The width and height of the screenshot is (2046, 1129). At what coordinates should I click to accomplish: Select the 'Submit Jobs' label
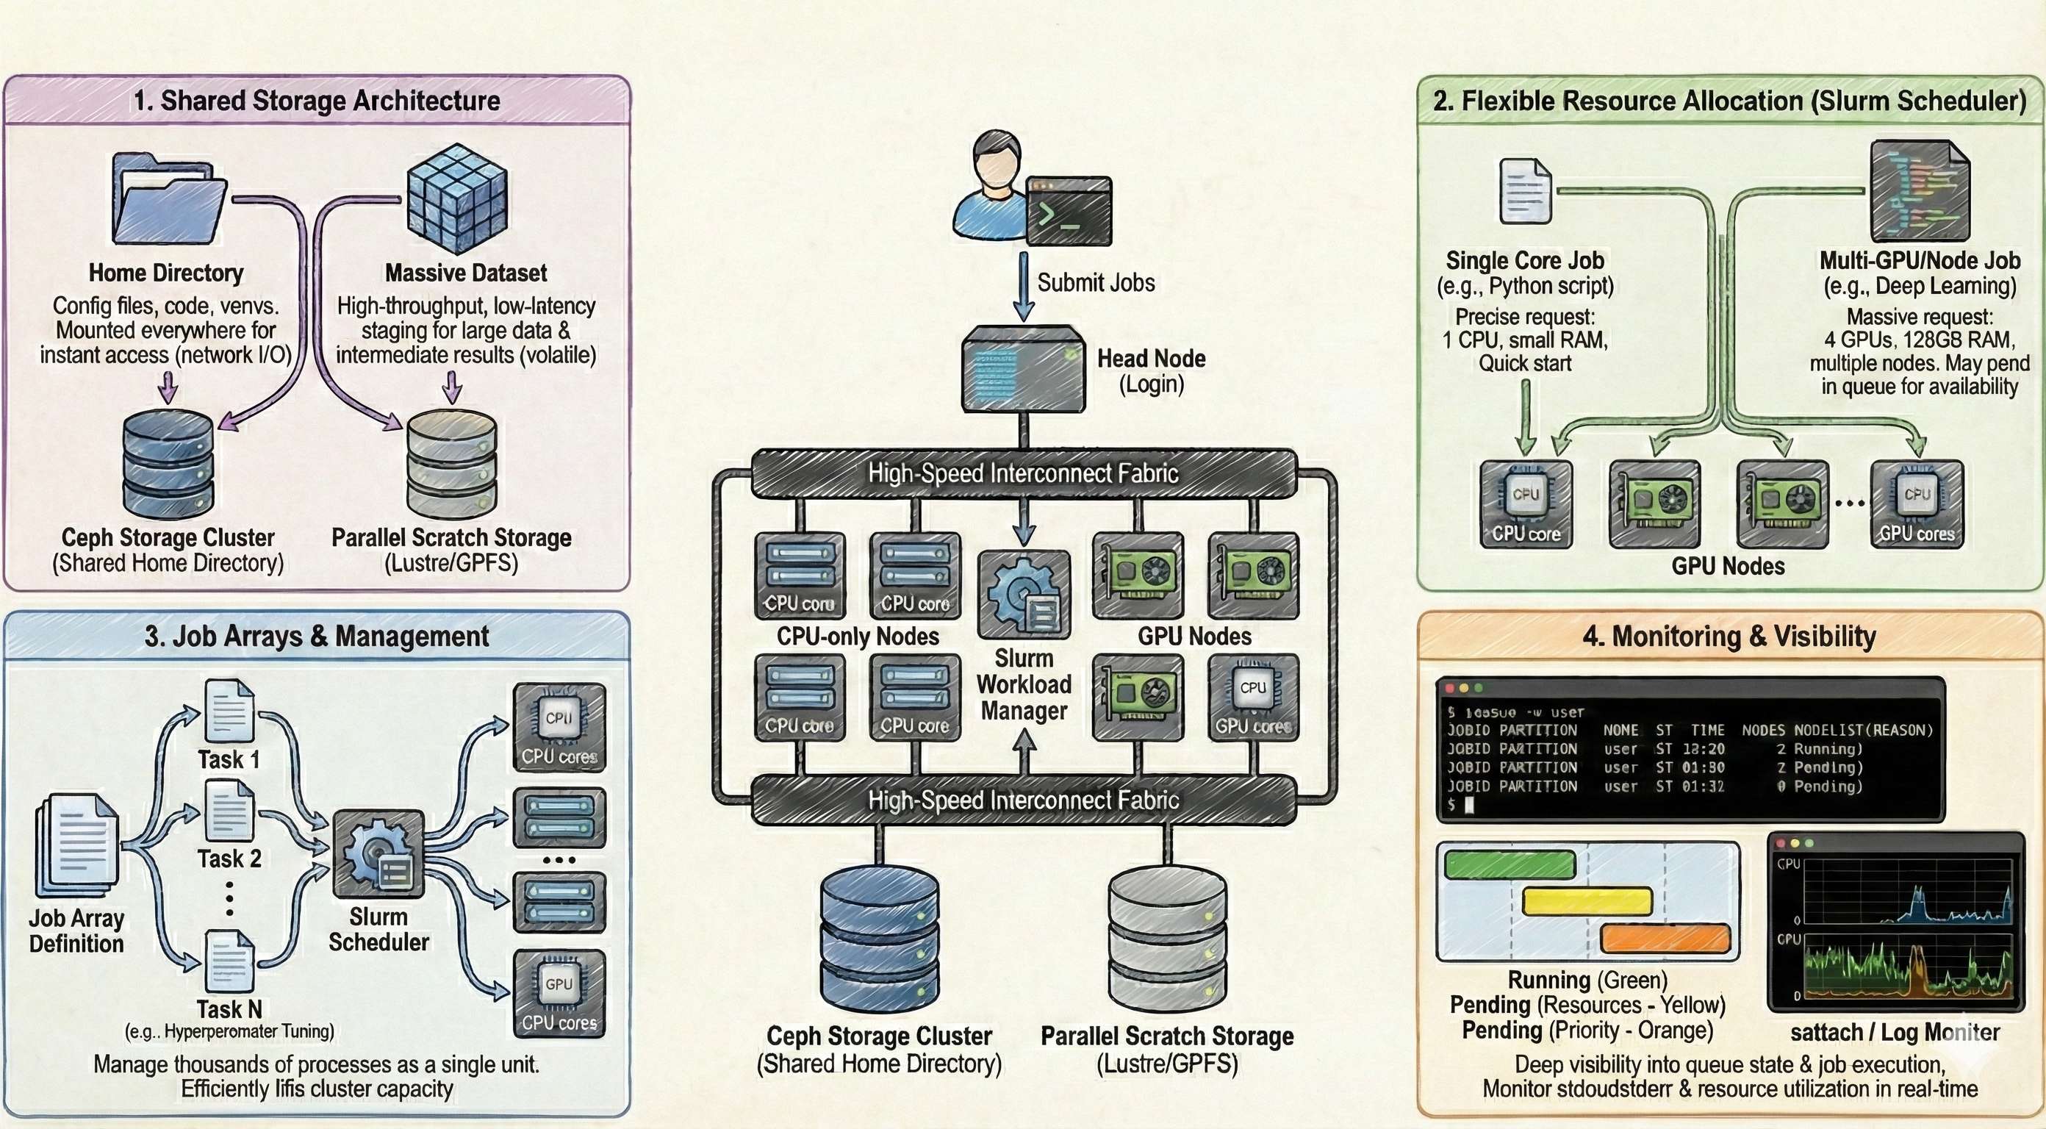pos(1095,283)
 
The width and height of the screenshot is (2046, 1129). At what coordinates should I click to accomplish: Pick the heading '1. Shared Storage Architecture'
pos(316,101)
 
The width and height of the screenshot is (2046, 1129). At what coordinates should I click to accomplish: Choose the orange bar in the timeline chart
pos(1665,939)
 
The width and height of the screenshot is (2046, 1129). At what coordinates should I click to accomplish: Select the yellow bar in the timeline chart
pos(1587,902)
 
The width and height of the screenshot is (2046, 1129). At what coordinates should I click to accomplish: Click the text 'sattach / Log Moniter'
pos(1895,1032)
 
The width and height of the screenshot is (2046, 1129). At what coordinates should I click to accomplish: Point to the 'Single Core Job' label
pos(1524,261)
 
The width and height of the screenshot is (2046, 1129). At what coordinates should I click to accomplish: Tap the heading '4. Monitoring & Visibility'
pos(1729,637)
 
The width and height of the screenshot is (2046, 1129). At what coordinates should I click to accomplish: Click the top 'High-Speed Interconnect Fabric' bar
pos(1023,473)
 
